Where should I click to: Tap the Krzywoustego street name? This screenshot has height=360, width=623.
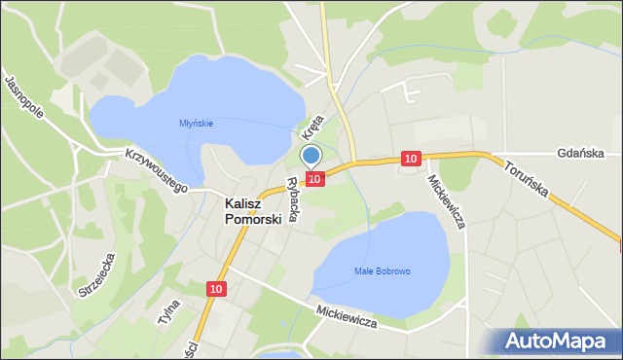tap(156, 170)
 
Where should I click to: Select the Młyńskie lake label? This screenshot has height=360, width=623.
tap(196, 123)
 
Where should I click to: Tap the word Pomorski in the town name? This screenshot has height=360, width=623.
tap(253, 219)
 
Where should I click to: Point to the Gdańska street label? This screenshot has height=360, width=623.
tap(582, 154)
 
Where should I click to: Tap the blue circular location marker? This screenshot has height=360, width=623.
tap(311, 155)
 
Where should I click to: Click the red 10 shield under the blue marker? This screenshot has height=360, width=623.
tap(314, 178)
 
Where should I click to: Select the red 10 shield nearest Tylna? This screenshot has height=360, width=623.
tap(216, 289)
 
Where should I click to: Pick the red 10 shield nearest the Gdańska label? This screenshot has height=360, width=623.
tap(410, 158)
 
